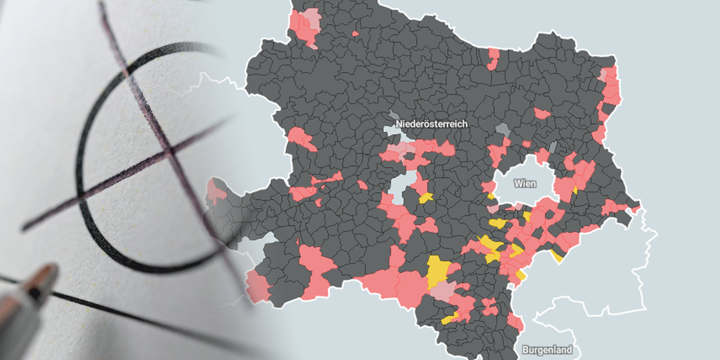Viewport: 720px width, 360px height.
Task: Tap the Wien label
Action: click(x=525, y=184)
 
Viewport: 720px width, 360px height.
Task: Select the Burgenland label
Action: click(x=547, y=350)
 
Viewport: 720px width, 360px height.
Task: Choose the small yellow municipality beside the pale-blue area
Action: click(x=426, y=197)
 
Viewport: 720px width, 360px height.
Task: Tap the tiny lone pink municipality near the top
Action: click(x=355, y=34)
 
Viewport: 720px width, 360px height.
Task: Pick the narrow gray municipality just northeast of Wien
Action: click(x=553, y=148)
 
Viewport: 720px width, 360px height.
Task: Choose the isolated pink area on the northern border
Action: click(x=494, y=58)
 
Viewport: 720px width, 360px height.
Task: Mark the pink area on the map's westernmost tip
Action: click(x=214, y=192)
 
